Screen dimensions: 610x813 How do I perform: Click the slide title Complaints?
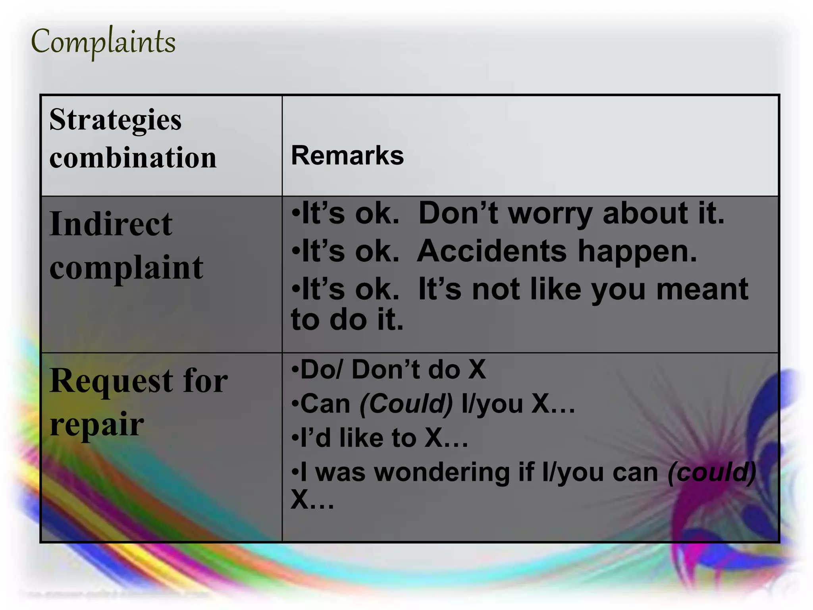point(103,42)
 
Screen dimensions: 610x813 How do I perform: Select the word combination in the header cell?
point(133,157)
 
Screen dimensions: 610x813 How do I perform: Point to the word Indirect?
point(111,224)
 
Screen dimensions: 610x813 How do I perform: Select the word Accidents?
point(492,251)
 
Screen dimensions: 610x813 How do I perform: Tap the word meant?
point(702,289)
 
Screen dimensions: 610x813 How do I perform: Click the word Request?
point(111,381)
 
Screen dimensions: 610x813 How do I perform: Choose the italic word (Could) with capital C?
point(406,403)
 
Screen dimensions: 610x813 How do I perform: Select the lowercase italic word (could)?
point(711,472)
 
